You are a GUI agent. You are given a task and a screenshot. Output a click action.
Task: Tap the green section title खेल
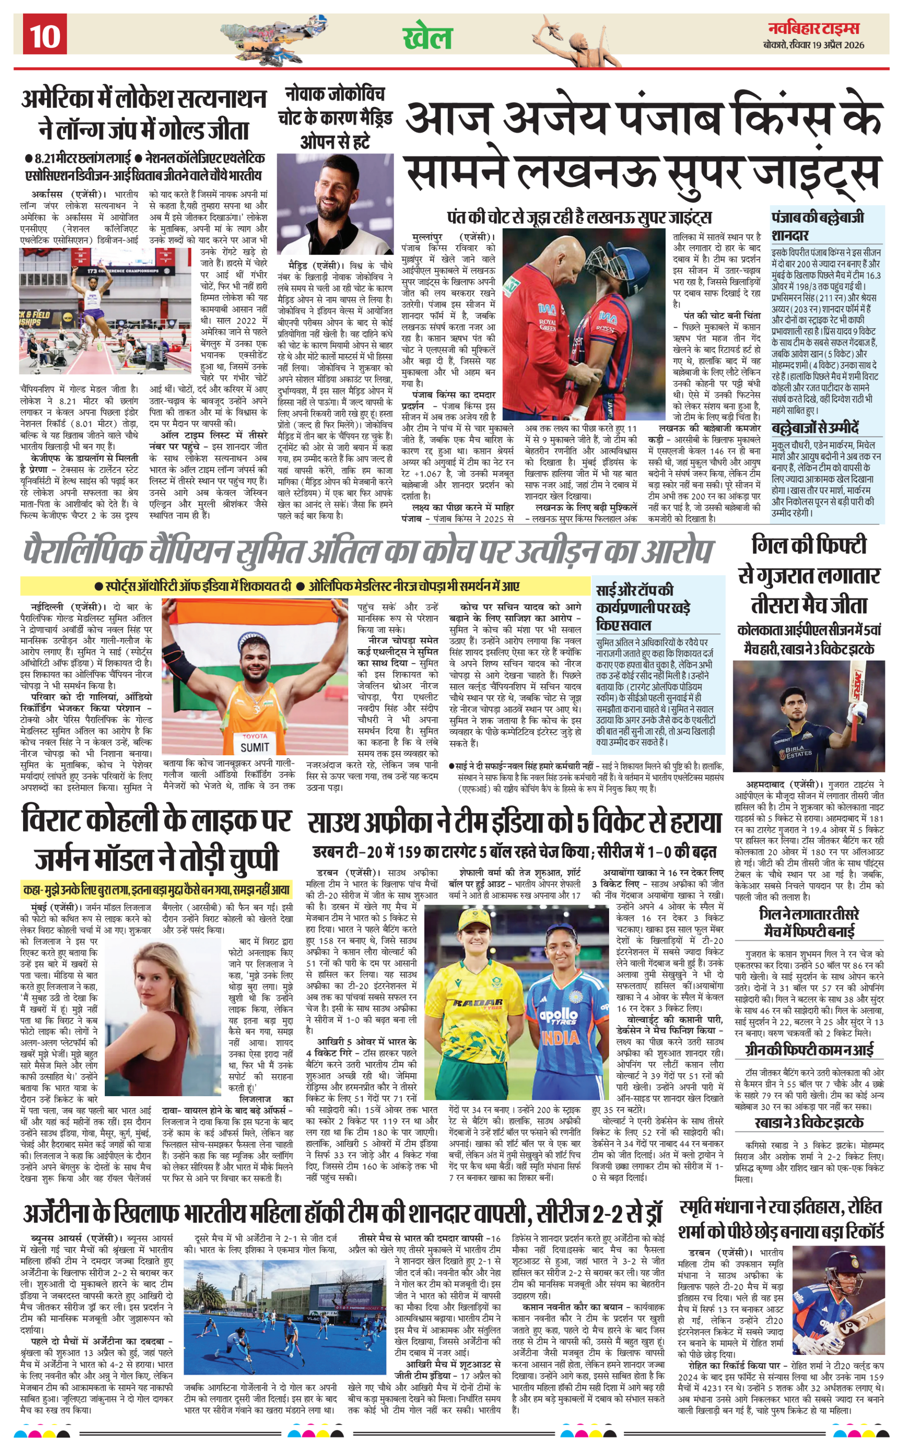(428, 37)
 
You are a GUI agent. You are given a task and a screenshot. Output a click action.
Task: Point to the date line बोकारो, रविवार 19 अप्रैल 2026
(814, 45)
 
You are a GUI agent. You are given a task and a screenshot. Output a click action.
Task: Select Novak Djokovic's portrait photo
(335, 204)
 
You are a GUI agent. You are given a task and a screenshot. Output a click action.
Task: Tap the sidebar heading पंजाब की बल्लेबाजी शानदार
(818, 225)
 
